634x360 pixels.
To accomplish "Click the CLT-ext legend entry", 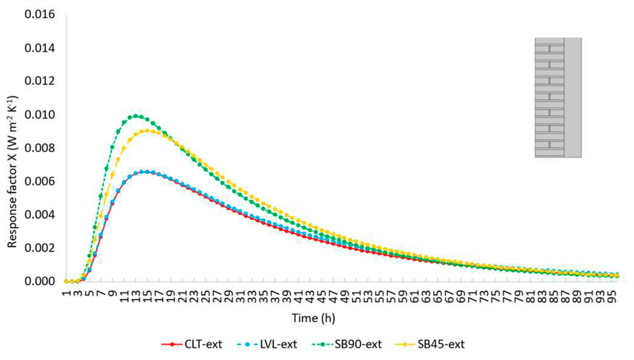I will click(x=192, y=344).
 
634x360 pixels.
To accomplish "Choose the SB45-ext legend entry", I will click(x=430, y=344).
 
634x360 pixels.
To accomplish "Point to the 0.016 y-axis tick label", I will click(x=40, y=14).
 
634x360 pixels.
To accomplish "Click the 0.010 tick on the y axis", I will click(x=40, y=115).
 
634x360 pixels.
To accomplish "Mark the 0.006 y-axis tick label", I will click(x=40, y=181).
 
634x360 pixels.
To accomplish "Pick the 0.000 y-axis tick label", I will click(x=40, y=281).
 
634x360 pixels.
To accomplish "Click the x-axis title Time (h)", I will click(x=313, y=318).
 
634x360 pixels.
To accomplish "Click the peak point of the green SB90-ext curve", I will click(x=135, y=116).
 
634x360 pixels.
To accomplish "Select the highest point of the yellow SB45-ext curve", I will click(x=147, y=131).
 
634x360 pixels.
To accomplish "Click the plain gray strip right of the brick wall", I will click(x=573, y=97).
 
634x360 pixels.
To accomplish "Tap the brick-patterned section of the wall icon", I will click(x=549, y=97).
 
